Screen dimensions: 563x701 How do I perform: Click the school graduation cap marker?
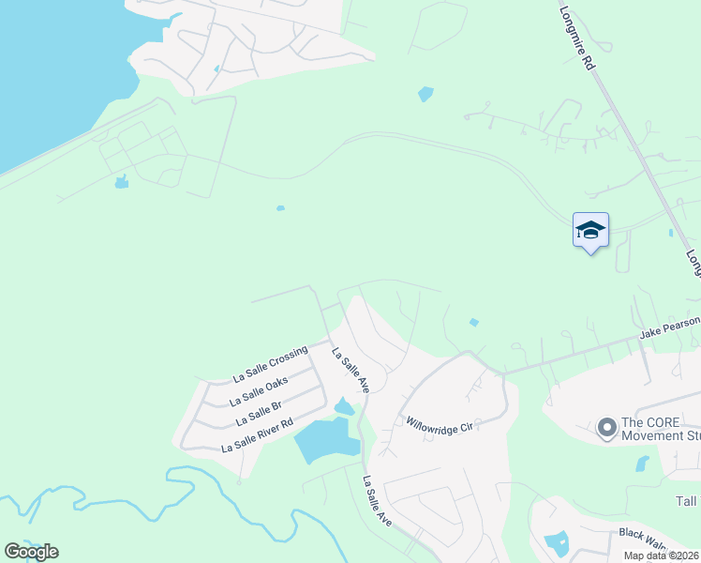(590, 230)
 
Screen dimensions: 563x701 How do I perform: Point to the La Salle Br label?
(259, 414)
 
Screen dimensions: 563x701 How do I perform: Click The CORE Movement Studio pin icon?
(606, 429)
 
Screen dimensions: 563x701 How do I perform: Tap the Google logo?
(31, 552)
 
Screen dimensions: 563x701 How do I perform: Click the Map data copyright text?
(661, 555)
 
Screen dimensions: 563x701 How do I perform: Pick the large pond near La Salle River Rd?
(325, 440)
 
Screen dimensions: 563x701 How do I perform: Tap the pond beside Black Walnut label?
(557, 543)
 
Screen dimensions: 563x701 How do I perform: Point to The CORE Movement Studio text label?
(661, 429)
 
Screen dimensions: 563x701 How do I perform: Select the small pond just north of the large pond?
(344, 406)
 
